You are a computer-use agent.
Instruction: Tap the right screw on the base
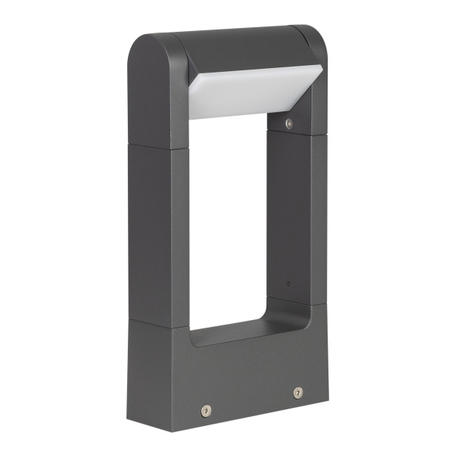pyautogui.click(x=297, y=393)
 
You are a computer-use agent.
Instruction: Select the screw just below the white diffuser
pyautogui.click(x=288, y=122)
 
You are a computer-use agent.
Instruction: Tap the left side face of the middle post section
pyautogui.click(x=148, y=227)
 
